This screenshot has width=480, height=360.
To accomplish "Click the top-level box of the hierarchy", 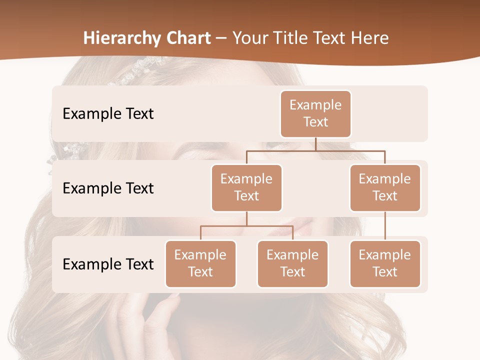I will pyautogui.click(x=315, y=113).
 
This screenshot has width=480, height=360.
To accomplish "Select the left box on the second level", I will pyautogui.click(x=246, y=187).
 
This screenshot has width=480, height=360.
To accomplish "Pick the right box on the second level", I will pyautogui.click(x=385, y=187).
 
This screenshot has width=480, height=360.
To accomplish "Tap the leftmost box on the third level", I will pyautogui.click(x=200, y=263).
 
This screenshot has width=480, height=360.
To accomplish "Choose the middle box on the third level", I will pyautogui.click(x=292, y=263).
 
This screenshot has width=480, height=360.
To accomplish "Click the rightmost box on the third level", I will pyautogui.click(x=385, y=263).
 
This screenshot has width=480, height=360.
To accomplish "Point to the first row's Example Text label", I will pyautogui.click(x=108, y=114).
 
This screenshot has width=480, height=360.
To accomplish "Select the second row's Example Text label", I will pyautogui.click(x=108, y=188).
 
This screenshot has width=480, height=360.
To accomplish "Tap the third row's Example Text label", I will pyautogui.click(x=108, y=264).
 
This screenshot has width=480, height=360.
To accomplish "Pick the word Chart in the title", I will pyautogui.click(x=189, y=38).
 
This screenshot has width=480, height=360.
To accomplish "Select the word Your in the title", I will pyautogui.click(x=248, y=38).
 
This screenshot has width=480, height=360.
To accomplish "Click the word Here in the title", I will pyautogui.click(x=369, y=38).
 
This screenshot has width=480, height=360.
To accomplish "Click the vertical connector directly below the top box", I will pyautogui.click(x=315, y=144).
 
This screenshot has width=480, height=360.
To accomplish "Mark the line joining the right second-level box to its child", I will pyautogui.click(x=385, y=226).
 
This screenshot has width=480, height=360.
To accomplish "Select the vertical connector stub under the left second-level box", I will pyautogui.click(x=246, y=218).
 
